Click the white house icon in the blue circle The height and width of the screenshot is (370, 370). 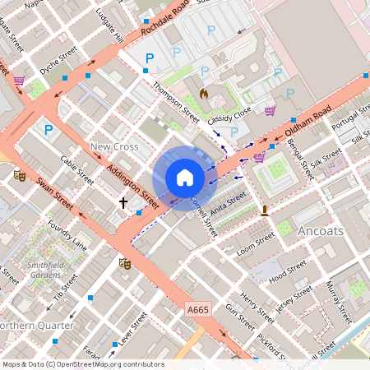pyautogui.click(x=185, y=178)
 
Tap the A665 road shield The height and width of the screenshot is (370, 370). pyautogui.click(x=197, y=309)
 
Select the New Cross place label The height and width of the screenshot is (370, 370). pyautogui.click(x=113, y=146)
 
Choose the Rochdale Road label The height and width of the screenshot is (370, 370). pyautogui.click(x=178, y=17)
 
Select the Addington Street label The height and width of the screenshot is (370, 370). pyautogui.click(x=132, y=183)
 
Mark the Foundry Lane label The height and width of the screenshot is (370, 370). pyautogui.click(x=67, y=234)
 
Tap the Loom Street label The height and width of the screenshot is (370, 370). pyautogui.click(x=254, y=244)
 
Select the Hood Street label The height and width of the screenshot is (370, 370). pyautogui.click(x=287, y=271)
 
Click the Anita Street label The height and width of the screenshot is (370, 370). pyautogui.click(x=228, y=204)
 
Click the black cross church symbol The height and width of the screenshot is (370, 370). pyautogui.click(x=123, y=202)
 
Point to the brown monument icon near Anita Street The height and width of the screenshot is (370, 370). pyautogui.click(x=265, y=211)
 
